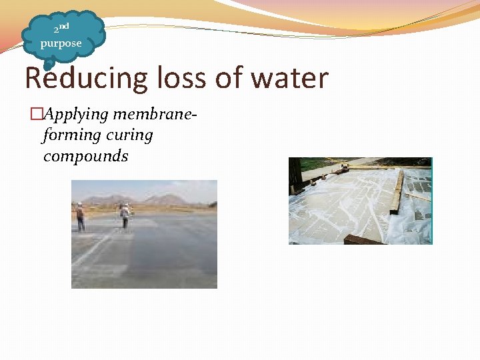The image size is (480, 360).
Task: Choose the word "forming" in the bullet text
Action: tap(69, 135)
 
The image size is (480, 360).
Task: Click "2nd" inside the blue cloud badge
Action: tap(61, 29)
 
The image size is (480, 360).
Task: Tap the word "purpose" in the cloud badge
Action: tap(61, 44)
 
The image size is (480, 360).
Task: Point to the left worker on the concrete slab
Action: tap(80, 217)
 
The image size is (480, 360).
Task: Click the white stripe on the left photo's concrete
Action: tap(93, 250)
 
